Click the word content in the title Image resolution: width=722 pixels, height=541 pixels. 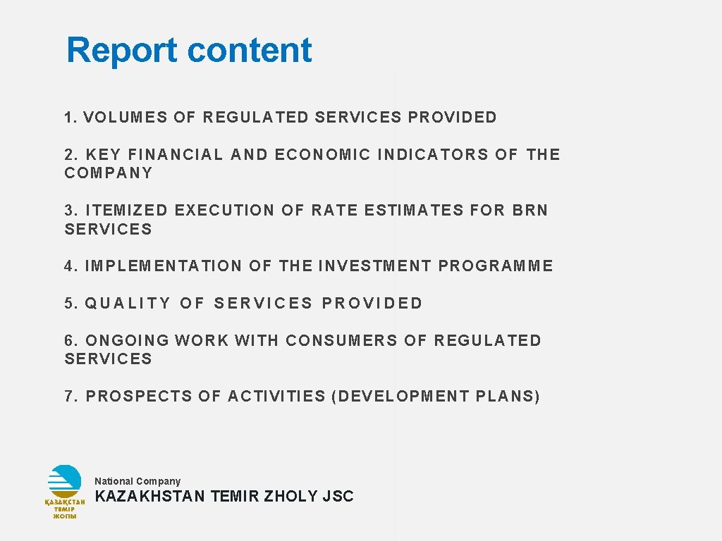pyautogui.click(x=250, y=51)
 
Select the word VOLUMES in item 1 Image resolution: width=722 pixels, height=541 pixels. pyautogui.click(x=126, y=118)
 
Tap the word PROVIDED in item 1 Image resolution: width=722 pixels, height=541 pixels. pyautogui.click(x=452, y=118)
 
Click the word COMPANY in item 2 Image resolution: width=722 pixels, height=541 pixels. pyautogui.click(x=109, y=173)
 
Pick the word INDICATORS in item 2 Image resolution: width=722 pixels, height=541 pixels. pyautogui.click(x=433, y=155)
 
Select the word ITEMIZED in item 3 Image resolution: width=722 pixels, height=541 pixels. pyautogui.click(x=127, y=211)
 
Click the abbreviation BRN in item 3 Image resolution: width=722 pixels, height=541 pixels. pyautogui.click(x=530, y=211)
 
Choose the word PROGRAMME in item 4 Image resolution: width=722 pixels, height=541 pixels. pyautogui.click(x=496, y=266)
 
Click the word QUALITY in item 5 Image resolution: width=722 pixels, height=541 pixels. pyautogui.click(x=128, y=304)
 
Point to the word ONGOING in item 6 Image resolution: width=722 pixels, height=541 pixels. pyautogui.click(x=128, y=341)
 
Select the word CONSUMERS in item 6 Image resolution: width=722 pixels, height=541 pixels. pyautogui.click(x=342, y=341)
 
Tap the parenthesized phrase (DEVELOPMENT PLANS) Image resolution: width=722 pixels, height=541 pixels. pyautogui.click(x=435, y=397)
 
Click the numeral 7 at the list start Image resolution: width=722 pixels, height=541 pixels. pyautogui.click(x=68, y=397)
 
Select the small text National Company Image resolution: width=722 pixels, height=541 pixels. pyautogui.click(x=137, y=481)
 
